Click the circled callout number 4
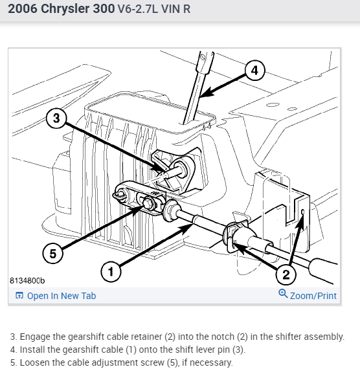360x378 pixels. click(255, 71)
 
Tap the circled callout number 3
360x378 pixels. click(56, 118)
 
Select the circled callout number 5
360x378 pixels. click(52, 254)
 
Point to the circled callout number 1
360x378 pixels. click(111, 272)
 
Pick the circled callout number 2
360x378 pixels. click(286, 274)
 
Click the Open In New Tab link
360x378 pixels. click(62, 296)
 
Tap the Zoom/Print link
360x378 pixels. click(313, 296)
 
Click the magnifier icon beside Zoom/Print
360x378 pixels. click(283, 294)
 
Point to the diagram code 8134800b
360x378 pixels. click(27, 281)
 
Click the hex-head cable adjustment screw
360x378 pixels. click(147, 203)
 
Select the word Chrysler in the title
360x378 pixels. click(65, 8)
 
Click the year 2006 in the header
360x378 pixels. click(23, 8)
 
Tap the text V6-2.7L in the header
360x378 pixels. click(138, 9)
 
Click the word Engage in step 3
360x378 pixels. click(35, 337)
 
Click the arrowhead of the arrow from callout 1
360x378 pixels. click(188, 228)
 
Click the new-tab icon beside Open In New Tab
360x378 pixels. click(19, 295)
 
